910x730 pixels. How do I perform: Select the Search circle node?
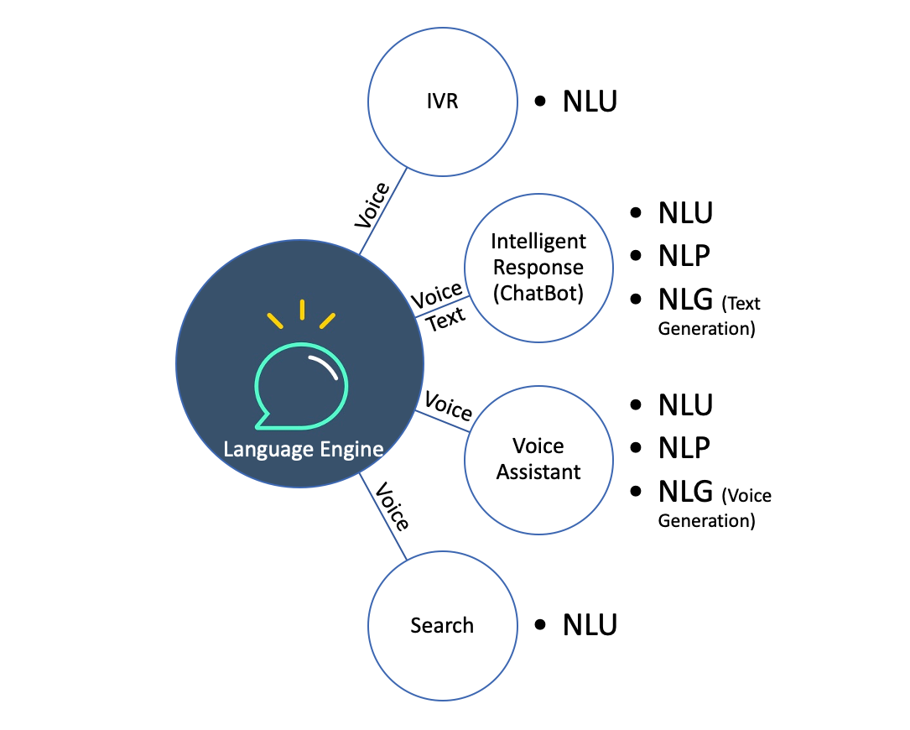tap(442, 625)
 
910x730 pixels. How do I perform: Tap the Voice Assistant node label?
tap(538, 459)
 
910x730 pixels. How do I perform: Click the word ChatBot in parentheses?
tap(538, 293)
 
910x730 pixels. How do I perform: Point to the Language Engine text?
tap(303, 449)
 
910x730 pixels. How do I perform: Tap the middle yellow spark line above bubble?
tap(302, 310)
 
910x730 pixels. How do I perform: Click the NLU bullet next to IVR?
tap(590, 102)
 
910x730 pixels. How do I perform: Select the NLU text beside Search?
tap(590, 624)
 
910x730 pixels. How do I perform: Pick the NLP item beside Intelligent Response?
tap(684, 255)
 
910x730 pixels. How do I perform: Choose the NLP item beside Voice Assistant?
tap(684, 447)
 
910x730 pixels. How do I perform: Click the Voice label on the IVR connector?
tap(372, 205)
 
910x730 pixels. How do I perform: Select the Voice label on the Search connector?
tap(391, 507)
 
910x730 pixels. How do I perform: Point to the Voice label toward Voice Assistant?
tap(449, 407)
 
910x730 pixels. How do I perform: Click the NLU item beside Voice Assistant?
tap(685, 404)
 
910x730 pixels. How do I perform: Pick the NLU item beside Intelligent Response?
tap(685, 213)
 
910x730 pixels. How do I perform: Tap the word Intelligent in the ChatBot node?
tap(538, 242)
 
